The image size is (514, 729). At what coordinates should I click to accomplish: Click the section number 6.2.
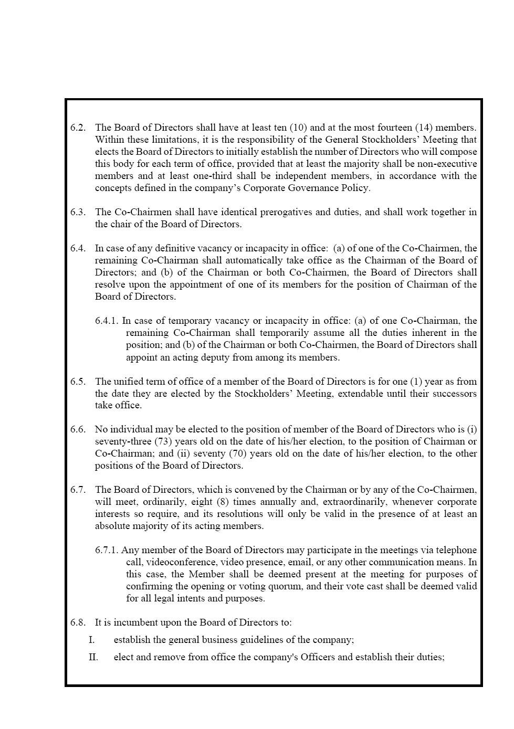click(78, 128)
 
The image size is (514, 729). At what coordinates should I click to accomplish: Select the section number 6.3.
click(78, 212)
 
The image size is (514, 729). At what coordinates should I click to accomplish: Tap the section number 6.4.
click(78, 248)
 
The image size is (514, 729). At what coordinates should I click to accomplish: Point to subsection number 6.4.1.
click(107, 321)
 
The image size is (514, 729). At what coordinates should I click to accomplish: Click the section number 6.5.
click(78, 382)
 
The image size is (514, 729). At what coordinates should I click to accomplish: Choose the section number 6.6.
click(78, 429)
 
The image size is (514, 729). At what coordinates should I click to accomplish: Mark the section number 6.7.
click(78, 490)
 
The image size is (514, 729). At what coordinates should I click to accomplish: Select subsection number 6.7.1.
click(107, 550)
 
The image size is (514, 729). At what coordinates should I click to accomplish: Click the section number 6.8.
click(78, 622)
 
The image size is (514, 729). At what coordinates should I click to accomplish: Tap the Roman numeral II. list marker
click(93, 657)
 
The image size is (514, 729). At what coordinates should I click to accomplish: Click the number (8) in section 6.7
click(223, 502)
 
